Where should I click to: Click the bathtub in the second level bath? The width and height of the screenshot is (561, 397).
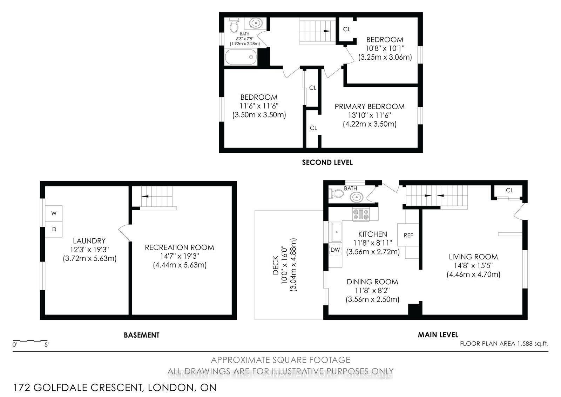click(x=240, y=57)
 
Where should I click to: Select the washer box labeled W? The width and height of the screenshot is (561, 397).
click(x=54, y=213)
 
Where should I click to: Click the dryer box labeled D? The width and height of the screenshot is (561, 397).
click(x=54, y=229)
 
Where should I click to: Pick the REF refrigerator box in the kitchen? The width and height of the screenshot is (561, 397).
click(x=408, y=235)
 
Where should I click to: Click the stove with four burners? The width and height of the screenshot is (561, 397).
click(x=361, y=214)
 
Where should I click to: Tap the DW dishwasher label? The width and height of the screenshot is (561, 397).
click(x=335, y=250)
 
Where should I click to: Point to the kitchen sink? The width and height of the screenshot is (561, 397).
click(x=337, y=232)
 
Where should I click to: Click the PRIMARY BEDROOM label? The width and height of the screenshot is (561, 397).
click(x=369, y=106)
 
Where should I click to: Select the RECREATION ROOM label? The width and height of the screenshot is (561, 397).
click(x=180, y=247)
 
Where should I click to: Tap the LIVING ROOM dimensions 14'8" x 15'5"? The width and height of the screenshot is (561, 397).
click(x=473, y=266)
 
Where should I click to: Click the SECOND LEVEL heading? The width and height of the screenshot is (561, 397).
click(x=327, y=162)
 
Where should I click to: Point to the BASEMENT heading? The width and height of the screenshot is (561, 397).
click(x=142, y=335)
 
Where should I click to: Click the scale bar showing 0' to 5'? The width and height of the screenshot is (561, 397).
click(x=30, y=341)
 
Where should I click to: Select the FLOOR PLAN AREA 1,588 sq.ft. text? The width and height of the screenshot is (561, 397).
click(x=504, y=344)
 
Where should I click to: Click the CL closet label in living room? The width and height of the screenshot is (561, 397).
click(x=509, y=190)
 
